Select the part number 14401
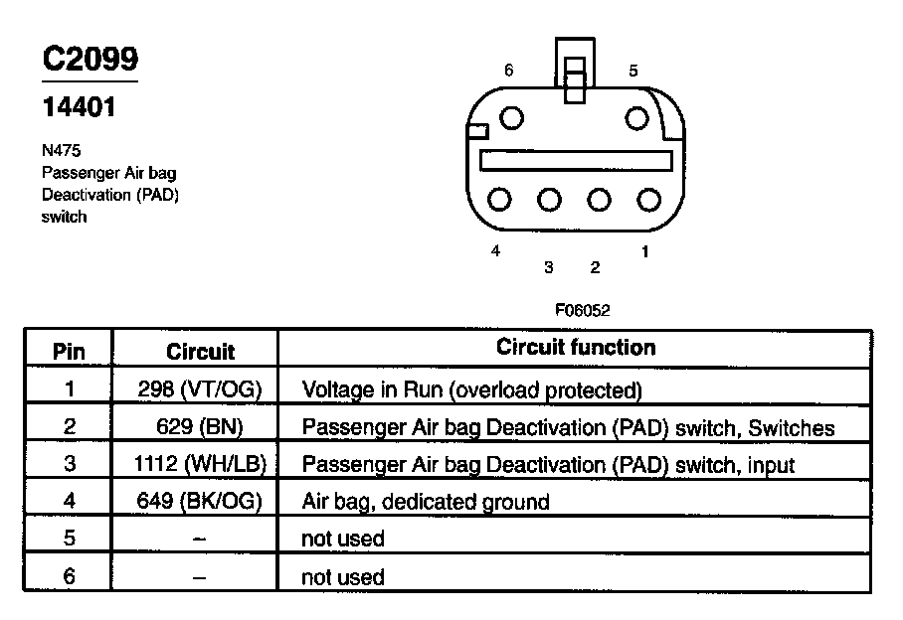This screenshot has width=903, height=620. click(79, 106)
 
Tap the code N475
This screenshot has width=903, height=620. click(61, 151)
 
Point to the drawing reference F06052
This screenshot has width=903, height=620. click(582, 310)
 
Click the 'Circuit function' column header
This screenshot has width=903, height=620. click(576, 348)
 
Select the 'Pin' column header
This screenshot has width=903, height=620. click(69, 351)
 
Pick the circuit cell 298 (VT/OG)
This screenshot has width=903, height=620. click(200, 389)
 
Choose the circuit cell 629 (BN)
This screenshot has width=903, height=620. click(200, 427)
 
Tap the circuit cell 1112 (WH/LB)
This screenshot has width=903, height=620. click(200, 464)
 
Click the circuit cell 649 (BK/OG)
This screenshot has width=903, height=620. click(200, 501)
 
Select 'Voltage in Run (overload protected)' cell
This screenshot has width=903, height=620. click(471, 390)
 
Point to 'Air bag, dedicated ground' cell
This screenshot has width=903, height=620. click(425, 502)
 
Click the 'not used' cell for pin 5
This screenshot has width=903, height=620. click(342, 540)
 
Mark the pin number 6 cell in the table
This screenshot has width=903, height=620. click(69, 576)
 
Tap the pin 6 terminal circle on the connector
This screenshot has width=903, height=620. click(511, 118)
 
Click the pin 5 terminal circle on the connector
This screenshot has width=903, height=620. click(636, 118)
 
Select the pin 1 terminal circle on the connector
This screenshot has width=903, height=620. click(648, 200)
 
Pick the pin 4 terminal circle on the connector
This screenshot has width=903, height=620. click(500, 200)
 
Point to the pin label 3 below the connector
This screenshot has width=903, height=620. click(548, 266)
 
